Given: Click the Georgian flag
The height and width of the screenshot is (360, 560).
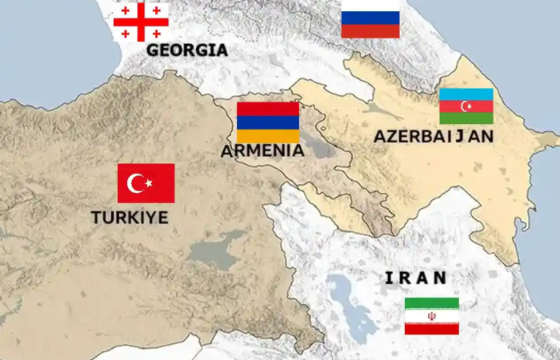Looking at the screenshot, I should [x=141, y=22].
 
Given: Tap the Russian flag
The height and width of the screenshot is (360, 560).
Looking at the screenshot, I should [x=370, y=19].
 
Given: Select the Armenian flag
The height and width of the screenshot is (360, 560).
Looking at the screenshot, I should [x=268, y=122].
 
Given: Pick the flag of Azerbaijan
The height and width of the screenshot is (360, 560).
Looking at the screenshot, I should [x=466, y=106].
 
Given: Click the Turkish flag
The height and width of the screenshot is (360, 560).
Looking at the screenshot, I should [x=146, y=183].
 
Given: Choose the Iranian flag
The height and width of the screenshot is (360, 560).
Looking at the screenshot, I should [x=431, y=316].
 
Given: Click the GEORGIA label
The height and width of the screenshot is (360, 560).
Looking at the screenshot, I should [x=186, y=50].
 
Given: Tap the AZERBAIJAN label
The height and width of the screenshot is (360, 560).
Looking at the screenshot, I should [x=433, y=137].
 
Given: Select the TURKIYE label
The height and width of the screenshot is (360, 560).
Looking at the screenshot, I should [x=130, y=217].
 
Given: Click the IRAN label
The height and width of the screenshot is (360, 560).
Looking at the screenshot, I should [x=415, y=278].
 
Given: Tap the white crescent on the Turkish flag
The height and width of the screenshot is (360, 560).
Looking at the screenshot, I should [x=138, y=184].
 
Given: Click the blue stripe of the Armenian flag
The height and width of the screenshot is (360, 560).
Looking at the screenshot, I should [x=268, y=122].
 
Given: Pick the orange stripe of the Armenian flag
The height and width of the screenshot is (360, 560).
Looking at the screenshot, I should [x=268, y=135].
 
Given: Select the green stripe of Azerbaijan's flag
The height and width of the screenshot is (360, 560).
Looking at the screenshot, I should [x=466, y=118].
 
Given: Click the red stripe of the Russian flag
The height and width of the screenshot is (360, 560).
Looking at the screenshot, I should [x=370, y=31].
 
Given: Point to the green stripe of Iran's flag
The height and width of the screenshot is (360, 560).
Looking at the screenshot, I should [x=431, y=304].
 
